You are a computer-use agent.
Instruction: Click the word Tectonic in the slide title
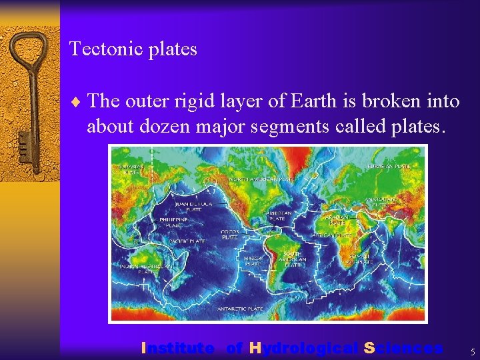[x=98, y=49]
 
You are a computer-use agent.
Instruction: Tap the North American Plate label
[x=262, y=179]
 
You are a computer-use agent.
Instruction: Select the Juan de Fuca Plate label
[x=193, y=205]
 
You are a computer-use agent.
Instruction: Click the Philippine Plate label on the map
[x=175, y=222]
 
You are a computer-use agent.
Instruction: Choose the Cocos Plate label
[x=230, y=235]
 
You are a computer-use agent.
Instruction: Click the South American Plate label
[x=293, y=259]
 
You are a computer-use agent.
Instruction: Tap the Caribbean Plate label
[x=276, y=216]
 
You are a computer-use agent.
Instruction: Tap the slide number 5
[x=472, y=351]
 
